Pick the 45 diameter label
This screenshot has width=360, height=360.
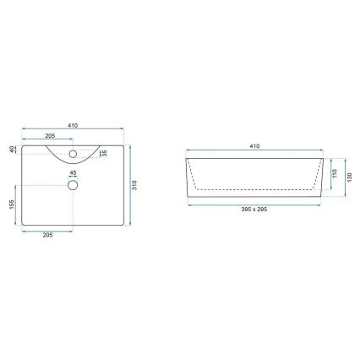tap(72, 174)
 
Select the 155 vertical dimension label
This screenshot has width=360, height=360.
tap(12, 205)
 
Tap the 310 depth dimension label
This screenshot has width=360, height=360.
tap(135, 183)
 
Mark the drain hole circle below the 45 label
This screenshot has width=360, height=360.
tap(73, 184)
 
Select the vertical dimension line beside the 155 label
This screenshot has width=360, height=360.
tap(16, 206)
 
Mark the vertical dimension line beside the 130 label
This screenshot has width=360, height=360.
tap(344, 175)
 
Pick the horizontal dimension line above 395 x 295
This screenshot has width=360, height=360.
tap(254, 203)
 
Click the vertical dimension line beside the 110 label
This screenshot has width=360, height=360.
tap(328, 174)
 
